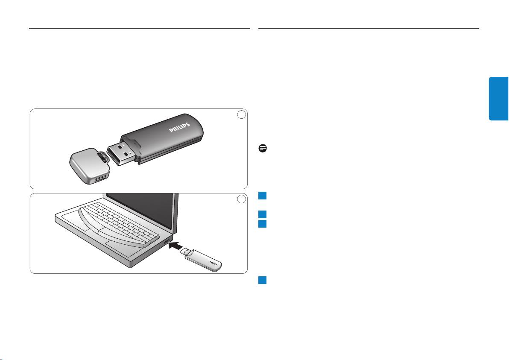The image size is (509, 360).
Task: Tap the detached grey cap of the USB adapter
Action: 89,166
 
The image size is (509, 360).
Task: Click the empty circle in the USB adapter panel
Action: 241,114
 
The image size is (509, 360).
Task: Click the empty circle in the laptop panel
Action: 241,199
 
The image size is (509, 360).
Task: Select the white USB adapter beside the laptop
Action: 201,259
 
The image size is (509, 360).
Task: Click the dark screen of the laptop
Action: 141,211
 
